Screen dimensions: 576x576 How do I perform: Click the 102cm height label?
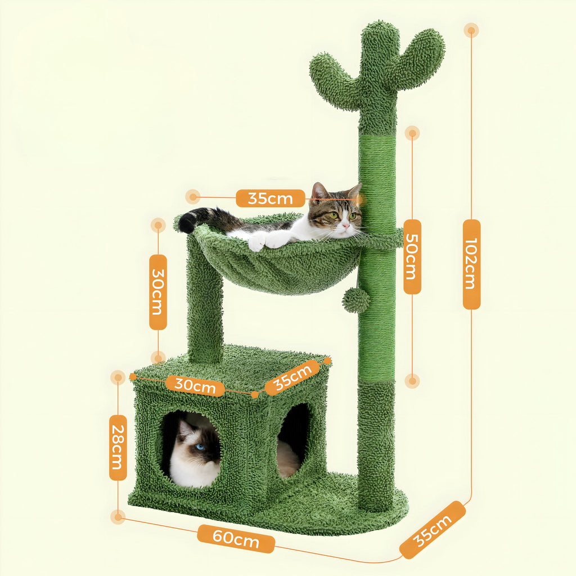click(x=471, y=264)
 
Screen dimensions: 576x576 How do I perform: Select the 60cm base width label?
click(x=236, y=539)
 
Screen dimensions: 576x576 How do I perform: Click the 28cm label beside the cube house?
click(x=118, y=447)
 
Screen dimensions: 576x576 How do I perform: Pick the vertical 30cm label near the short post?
click(x=158, y=291)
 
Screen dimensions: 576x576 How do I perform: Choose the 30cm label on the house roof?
click(x=195, y=386)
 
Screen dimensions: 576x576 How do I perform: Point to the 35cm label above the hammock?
click(x=270, y=198)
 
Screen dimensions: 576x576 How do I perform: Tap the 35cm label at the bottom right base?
click(x=433, y=530)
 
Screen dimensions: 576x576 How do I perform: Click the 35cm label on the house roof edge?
click(x=292, y=377)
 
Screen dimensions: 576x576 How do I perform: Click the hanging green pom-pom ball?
click(x=356, y=300)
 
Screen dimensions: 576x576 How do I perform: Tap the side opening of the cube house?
click(x=293, y=439)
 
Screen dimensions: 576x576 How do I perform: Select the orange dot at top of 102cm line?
click(x=471, y=30)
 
